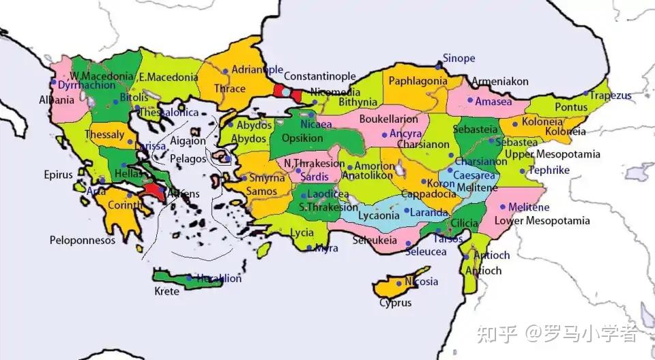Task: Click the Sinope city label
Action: (x=458, y=59)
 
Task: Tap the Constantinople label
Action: (x=319, y=76)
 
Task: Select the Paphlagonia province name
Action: (x=418, y=81)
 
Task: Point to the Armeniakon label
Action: (x=500, y=81)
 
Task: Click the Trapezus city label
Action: (x=611, y=95)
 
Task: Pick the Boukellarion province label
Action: (x=389, y=119)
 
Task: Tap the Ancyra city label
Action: (x=405, y=134)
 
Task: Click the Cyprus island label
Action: (x=396, y=303)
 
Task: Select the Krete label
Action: (x=166, y=292)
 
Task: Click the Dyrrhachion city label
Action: (x=86, y=86)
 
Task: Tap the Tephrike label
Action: (x=549, y=170)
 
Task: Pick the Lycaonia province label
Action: (x=378, y=215)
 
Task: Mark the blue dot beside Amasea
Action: (x=470, y=100)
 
